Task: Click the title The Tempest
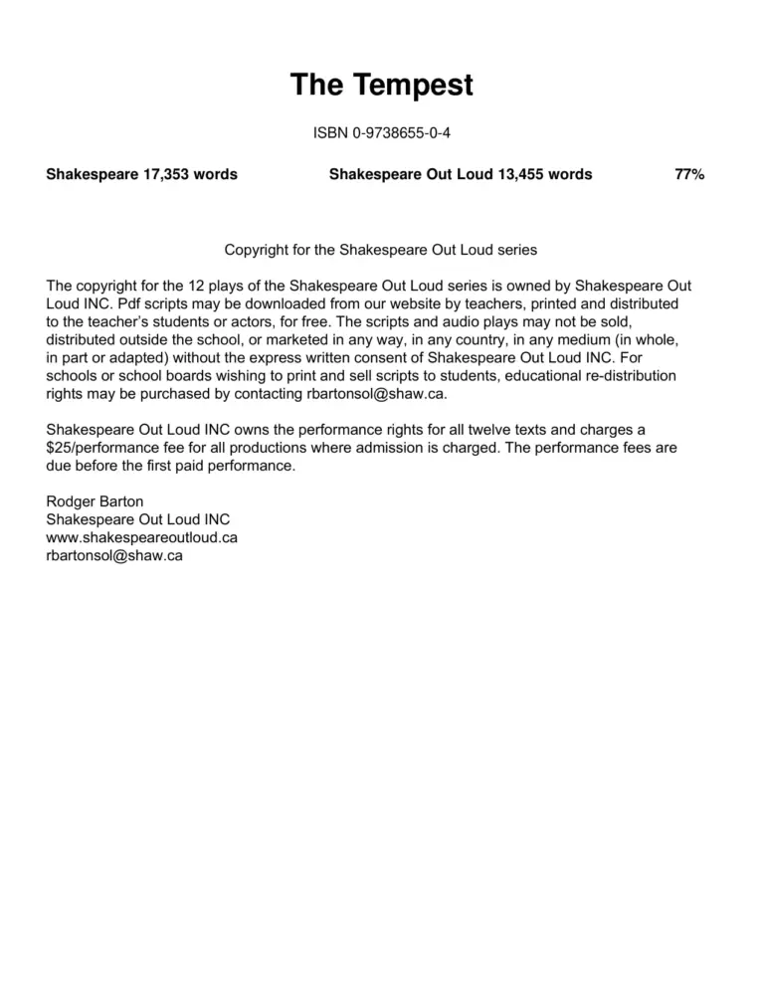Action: [381, 86]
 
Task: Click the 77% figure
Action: [689, 174]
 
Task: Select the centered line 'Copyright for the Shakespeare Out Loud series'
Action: [381, 249]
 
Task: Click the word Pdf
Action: [91, 302]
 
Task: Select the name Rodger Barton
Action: [95, 501]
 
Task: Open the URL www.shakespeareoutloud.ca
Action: [142, 537]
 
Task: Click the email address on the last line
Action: [114, 555]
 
